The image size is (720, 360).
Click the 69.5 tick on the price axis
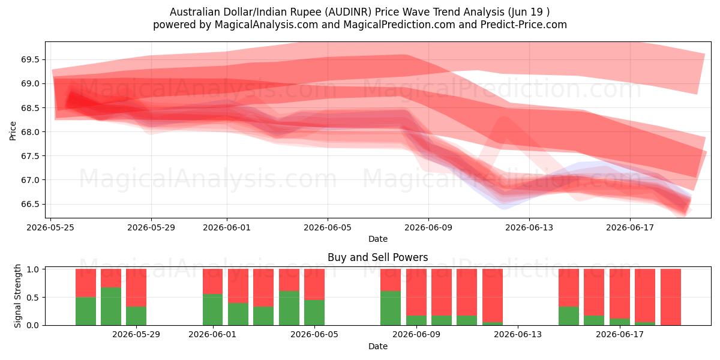[30, 60]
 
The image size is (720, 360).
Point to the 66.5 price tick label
[30, 205]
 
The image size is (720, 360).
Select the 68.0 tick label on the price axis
[30, 132]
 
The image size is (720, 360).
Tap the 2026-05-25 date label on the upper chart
[50, 227]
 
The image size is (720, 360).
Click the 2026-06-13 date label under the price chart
[529, 227]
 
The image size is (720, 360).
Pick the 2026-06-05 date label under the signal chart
[314, 335]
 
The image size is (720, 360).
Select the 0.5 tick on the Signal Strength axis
[32, 298]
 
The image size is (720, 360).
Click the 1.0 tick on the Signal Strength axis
[32, 269]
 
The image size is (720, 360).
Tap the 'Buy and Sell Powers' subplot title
[377, 257]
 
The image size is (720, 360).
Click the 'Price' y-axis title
[13, 131]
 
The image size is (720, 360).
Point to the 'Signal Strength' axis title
[17, 296]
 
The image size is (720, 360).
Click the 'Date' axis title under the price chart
[378, 239]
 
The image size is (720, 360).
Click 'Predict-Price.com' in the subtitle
[524, 25]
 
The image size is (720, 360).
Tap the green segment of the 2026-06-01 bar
[213, 310]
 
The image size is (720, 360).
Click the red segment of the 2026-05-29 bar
[136, 287]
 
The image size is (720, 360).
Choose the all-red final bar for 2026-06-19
[671, 297]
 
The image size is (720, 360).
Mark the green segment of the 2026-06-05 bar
[314, 313]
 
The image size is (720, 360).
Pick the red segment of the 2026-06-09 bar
[416, 292]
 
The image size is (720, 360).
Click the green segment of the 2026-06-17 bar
[620, 322]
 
